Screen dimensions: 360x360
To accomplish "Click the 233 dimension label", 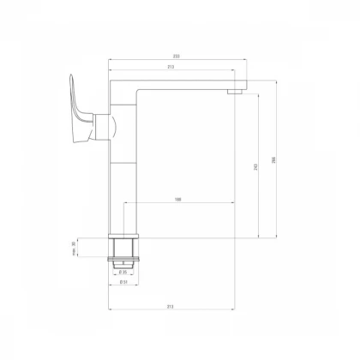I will tap(176, 57).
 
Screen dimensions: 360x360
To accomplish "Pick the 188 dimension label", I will tap(177, 200).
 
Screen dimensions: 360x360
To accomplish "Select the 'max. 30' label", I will tap(75, 249).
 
